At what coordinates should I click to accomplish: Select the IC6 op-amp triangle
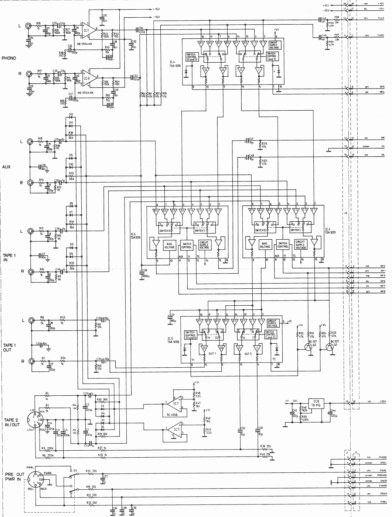point(87,78)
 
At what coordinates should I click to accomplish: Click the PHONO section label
point(9,58)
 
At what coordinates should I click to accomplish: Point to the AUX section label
point(6,167)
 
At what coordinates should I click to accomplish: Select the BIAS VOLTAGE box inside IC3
point(265,245)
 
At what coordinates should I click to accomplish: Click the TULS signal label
point(381,18)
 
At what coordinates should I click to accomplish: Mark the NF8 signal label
point(382,291)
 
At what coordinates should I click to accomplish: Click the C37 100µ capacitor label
point(172,318)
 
